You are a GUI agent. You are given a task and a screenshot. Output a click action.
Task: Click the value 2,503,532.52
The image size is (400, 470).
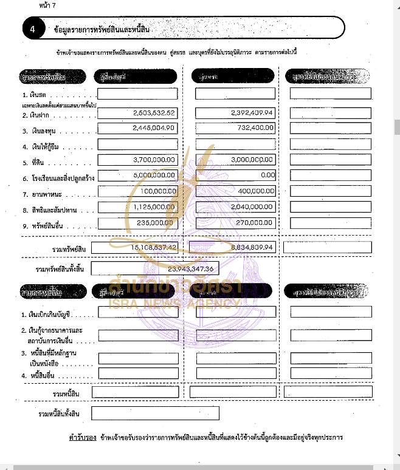tap(154, 113)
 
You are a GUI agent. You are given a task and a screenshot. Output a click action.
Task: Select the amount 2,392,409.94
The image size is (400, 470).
tap(252, 113)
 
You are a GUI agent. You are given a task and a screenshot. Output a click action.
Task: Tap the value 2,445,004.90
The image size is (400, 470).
tap(154, 128)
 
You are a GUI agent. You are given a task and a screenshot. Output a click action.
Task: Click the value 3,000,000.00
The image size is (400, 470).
tap(252, 160)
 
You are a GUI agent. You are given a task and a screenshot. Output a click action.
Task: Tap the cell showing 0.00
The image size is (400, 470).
tap(267, 175)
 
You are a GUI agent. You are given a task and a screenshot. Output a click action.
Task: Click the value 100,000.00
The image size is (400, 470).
tap(157, 191)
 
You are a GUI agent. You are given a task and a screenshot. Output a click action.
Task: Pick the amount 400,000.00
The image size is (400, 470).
tap(256, 191)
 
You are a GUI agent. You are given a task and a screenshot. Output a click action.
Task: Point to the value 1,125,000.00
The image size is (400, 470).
tap(155, 207)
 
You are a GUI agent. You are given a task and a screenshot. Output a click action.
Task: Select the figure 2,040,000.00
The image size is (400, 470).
tap(252, 207)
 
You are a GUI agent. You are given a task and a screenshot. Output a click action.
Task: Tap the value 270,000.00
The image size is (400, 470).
tap(256, 223)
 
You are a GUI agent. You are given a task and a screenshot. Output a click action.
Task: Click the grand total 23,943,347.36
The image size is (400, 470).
tap(182, 268)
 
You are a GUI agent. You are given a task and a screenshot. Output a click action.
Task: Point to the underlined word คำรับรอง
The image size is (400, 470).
tap(83, 437)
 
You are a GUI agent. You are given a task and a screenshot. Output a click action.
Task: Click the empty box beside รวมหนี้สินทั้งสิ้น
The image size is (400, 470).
tap(155, 414)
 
